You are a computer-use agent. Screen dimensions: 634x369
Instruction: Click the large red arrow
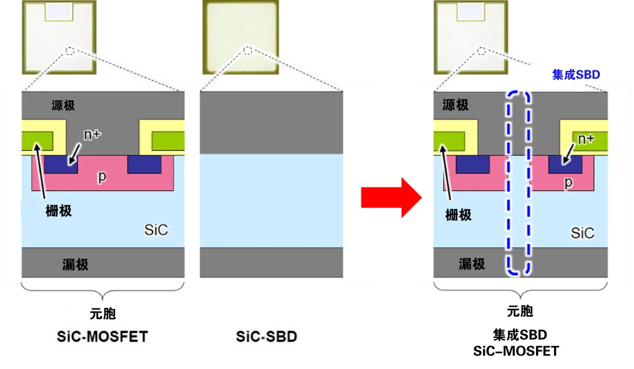tap(391, 198)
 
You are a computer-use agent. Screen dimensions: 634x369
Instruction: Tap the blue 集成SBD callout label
tap(576, 75)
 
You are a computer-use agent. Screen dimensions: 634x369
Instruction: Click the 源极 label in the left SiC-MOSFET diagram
tap(63, 106)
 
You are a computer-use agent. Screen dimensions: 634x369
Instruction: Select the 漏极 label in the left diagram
tap(75, 265)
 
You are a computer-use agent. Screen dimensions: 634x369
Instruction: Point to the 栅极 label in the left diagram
tap(59, 211)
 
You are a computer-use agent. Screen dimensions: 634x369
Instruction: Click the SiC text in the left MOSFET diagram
tap(156, 230)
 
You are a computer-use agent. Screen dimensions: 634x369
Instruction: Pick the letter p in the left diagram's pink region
tap(102, 177)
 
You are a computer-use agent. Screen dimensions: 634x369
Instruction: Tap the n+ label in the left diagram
tap(92, 134)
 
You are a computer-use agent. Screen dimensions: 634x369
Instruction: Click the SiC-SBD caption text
tap(267, 336)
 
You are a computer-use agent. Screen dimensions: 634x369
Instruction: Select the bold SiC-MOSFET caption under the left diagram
tap(102, 336)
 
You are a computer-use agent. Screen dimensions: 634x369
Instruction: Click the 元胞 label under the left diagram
tap(103, 314)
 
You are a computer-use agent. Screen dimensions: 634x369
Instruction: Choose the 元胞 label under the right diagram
tap(520, 311)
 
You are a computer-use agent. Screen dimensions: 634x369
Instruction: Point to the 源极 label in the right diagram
tap(456, 105)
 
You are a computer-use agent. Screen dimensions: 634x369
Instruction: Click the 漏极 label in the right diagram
tap(472, 264)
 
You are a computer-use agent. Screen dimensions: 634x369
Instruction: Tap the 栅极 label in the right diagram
tap(458, 215)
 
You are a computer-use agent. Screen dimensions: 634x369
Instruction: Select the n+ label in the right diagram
tap(586, 138)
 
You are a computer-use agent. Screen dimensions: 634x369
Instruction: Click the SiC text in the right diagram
tap(582, 233)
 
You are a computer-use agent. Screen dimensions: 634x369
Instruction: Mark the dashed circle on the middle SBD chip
tap(248, 50)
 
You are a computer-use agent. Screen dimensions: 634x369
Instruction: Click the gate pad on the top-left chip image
tap(59, 12)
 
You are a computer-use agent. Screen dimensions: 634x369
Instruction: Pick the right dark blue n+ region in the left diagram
tap(144, 164)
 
